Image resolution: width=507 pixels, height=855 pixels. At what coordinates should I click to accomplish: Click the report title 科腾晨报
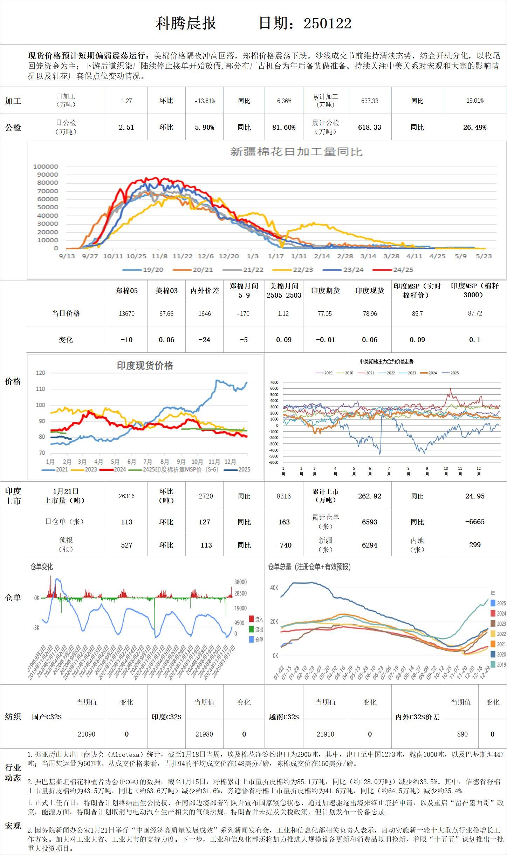pos(186,23)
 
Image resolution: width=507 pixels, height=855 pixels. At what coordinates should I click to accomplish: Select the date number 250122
pos(327,23)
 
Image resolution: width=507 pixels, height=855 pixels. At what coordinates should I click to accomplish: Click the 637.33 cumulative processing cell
pos(370,101)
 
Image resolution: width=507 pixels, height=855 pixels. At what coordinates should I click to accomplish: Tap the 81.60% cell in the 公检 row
pos(284,127)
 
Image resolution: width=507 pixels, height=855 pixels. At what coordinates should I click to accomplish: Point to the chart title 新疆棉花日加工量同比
pos(296,152)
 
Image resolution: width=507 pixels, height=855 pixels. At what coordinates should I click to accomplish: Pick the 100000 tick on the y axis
pos(46,167)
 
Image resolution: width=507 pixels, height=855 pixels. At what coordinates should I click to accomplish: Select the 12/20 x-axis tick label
pos(228,256)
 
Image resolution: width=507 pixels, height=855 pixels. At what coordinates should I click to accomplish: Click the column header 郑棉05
pos(126,290)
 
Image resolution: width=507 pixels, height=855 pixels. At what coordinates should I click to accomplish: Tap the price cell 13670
pos(126,313)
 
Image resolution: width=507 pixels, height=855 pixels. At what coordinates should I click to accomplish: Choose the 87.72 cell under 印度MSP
pos(475,313)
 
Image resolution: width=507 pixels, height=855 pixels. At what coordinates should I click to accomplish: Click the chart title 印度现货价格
pos(145,366)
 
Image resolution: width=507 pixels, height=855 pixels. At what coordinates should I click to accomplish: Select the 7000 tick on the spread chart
pos(274,382)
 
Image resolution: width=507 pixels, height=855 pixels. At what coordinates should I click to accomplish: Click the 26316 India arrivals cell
pos(126,496)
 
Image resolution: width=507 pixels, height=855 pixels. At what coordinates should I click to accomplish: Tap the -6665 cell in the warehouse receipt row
pos(475,522)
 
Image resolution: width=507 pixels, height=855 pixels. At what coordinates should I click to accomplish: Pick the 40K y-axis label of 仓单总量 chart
pos(274,588)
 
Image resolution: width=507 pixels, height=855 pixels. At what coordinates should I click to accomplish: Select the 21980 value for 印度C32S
pos(204,734)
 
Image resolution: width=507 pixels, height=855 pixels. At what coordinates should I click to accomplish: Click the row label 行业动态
pos(13,773)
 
